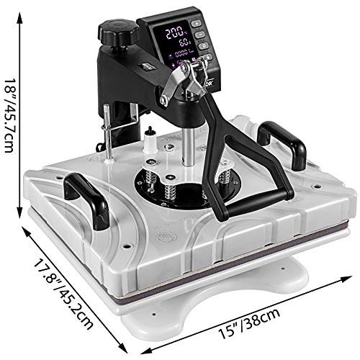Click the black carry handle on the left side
tap(84, 194)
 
